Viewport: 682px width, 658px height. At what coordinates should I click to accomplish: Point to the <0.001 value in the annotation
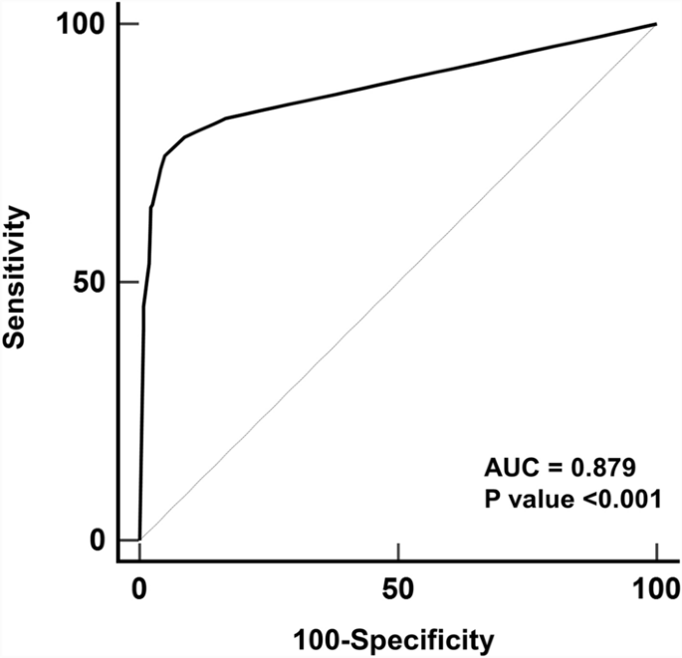click(x=608, y=496)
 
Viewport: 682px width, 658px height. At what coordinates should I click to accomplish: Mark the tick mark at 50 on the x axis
click(x=398, y=550)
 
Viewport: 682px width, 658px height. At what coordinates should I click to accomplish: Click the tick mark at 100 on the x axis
click(x=656, y=550)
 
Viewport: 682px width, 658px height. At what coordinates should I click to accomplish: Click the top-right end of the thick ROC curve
click(x=656, y=24)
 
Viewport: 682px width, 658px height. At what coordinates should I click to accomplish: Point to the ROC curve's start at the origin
click(x=139, y=540)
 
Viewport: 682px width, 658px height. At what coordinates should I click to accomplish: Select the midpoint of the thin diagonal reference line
click(x=398, y=282)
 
